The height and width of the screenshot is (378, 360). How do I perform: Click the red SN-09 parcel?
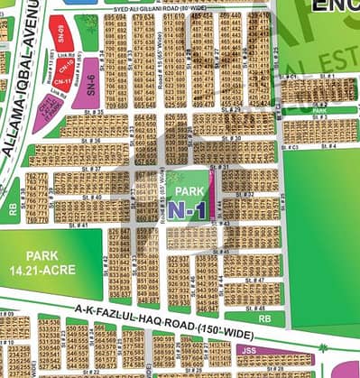tap(60, 30)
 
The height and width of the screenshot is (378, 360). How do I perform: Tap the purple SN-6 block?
tap(88, 85)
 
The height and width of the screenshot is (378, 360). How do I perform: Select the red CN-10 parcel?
tap(63, 62)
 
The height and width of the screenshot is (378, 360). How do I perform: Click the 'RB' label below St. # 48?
tap(265, 318)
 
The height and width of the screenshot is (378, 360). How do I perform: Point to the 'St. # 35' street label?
tap(90, 111)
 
